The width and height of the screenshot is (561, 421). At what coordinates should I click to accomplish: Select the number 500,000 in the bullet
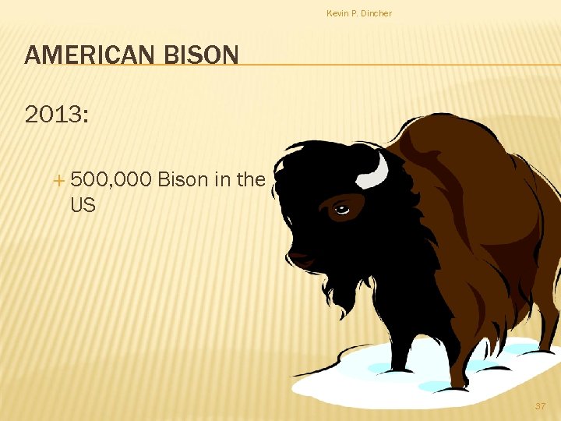111,180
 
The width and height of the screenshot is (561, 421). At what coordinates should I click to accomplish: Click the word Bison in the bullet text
183,180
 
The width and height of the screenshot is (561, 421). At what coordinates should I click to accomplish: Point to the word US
83,206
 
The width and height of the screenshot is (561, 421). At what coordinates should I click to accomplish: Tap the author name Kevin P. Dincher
359,13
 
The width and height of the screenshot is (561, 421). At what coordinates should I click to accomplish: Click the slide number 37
541,406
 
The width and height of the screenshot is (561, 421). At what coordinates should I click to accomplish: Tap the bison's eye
341,208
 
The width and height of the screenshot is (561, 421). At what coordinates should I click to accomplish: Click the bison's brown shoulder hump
452,148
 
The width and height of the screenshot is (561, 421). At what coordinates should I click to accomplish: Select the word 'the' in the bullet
251,180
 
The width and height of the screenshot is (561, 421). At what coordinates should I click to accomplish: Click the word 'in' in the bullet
222,180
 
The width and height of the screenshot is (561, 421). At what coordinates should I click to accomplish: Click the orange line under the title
390,65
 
